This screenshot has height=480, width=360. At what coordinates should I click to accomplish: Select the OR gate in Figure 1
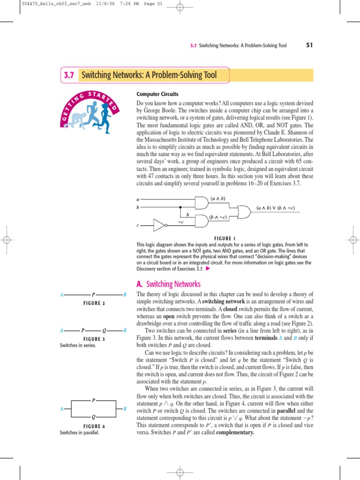(x=244, y=213)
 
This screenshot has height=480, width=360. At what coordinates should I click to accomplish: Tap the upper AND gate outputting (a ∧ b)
(x=201, y=202)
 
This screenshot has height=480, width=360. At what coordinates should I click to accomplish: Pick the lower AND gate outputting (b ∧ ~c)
(x=201, y=221)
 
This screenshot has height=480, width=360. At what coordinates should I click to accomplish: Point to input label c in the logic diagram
(x=138, y=226)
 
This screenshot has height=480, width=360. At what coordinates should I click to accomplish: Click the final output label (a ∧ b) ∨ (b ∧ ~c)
(x=276, y=208)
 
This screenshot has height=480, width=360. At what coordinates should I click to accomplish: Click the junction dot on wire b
(x=180, y=206)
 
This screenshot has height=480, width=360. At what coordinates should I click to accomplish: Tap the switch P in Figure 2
(x=94, y=294)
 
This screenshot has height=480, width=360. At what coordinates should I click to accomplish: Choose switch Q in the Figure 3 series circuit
(x=104, y=330)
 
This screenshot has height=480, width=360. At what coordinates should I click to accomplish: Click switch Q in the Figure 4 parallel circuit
(x=94, y=417)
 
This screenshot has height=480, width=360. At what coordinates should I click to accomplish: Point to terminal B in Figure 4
(x=125, y=409)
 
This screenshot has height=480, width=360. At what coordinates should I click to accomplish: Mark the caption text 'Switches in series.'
(x=77, y=345)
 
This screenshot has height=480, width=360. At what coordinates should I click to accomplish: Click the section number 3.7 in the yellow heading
(x=69, y=75)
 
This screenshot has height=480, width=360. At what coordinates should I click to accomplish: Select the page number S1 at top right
(x=309, y=45)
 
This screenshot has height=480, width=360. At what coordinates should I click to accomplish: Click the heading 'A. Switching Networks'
(x=168, y=284)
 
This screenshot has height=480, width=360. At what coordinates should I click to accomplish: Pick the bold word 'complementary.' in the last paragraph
(x=235, y=432)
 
